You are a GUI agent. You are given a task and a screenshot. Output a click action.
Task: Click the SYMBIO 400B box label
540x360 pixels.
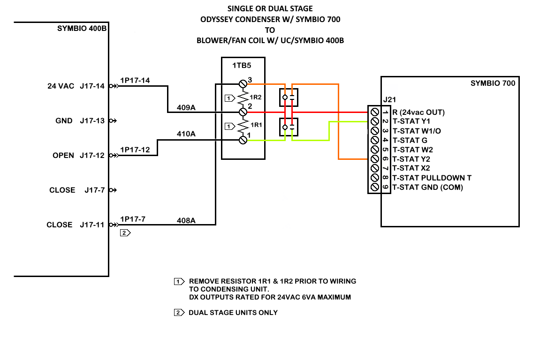pyautogui.click(x=82, y=29)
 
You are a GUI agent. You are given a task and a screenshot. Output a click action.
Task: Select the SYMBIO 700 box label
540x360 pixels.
pyautogui.click(x=493, y=83)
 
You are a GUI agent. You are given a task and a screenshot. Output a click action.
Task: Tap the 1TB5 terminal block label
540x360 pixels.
pyautogui.click(x=242, y=66)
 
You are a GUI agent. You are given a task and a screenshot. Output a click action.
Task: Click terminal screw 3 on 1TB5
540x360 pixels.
pyautogui.click(x=243, y=83)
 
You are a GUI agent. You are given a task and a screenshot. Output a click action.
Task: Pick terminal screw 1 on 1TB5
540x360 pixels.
pyautogui.click(x=243, y=140)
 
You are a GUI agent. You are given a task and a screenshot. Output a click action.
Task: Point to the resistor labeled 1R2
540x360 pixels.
pyautogui.click(x=243, y=98)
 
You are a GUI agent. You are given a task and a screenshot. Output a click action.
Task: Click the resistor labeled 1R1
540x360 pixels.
pyautogui.click(x=243, y=126)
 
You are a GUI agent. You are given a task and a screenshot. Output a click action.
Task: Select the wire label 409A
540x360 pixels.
pyautogui.click(x=186, y=108)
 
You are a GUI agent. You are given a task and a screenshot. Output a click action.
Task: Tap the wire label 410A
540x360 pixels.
pyautogui.click(x=186, y=134)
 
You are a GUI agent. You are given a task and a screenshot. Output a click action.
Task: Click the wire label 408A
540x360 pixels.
pyautogui.click(x=186, y=221)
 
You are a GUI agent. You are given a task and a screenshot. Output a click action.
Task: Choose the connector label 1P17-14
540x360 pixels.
pyautogui.click(x=135, y=81)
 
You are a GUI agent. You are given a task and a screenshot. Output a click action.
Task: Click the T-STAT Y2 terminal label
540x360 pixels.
pyautogui.click(x=411, y=159)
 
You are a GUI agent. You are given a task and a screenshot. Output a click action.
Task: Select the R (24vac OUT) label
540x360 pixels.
pyautogui.click(x=418, y=112)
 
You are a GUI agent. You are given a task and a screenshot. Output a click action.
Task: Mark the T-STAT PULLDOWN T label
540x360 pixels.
pyautogui.click(x=432, y=178)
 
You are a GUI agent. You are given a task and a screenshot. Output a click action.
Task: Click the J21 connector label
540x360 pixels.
pyautogui.click(x=389, y=100)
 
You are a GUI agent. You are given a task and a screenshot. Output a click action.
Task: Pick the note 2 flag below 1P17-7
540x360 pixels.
pyautogui.click(x=125, y=233)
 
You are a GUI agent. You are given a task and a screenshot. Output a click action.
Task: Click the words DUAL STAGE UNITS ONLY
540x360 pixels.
pyautogui.click(x=233, y=313)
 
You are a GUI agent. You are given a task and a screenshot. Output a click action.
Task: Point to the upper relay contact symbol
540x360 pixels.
pyautogui.click(x=289, y=97)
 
